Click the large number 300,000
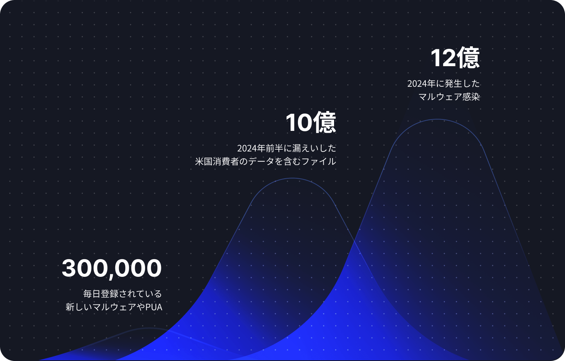point(112,268)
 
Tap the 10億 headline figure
point(310,122)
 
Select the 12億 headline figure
point(455,58)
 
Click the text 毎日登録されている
point(122,294)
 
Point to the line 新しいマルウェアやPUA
point(114,307)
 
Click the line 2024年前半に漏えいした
point(287,148)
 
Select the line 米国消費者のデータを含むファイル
point(265,161)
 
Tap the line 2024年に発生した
point(443,83)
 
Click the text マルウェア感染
point(449,97)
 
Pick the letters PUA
point(154,307)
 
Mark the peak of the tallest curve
point(437,119)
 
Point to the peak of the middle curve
point(292,178)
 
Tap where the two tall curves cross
point(354,241)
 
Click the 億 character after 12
point(468,58)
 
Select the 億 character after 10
point(324,122)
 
